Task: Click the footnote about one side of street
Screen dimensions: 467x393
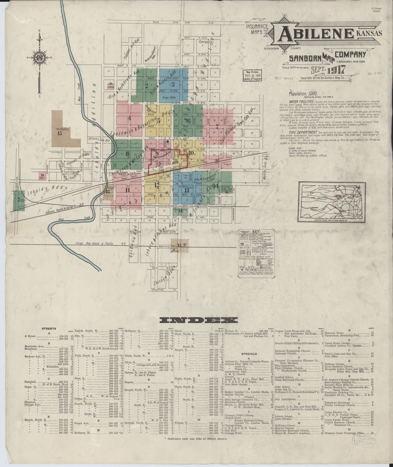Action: [196, 438]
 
